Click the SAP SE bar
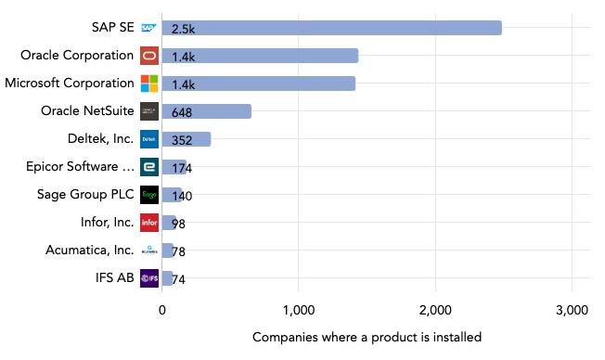(x=331, y=28)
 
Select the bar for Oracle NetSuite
(x=206, y=111)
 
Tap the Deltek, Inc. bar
(x=186, y=139)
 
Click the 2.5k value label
(x=183, y=29)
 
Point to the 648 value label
(x=182, y=112)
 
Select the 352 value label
(x=182, y=140)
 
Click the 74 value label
(x=179, y=279)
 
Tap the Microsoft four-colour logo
(x=149, y=84)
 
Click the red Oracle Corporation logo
(x=149, y=56)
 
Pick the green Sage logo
(x=149, y=195)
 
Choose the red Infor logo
(x=149, y=223)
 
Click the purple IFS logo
(x=149, y=278)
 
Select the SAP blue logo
(x=149, y=28)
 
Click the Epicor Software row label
(x=81, y=167)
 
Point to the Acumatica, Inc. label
(x=89, y=251)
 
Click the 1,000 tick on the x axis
(x=298, y=310)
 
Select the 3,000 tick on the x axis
(x=572, y=310)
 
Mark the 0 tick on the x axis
(x=162, y=310)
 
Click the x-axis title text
(x=367, y=337)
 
